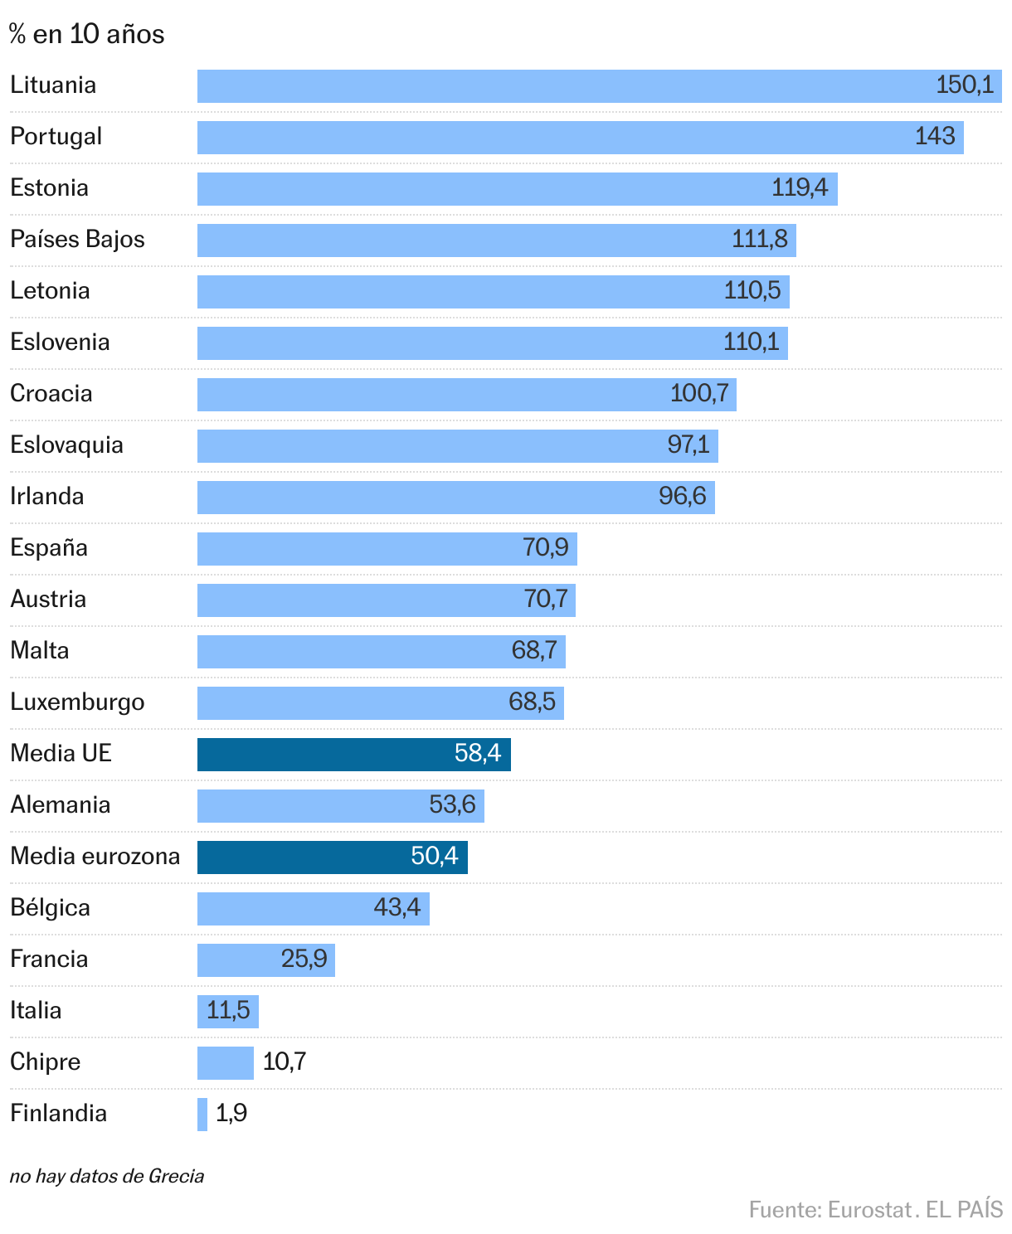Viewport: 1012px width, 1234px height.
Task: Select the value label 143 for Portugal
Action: [x=935, y=137]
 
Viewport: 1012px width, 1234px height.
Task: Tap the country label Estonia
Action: [x=50, y=188]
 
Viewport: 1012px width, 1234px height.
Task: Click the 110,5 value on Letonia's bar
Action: [x=752, y=291]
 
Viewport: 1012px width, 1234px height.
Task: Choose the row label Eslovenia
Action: [x=60, y=343]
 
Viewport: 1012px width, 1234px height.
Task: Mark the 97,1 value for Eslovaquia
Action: [x=688, y=445]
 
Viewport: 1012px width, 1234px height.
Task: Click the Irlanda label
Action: [x=47, y=497]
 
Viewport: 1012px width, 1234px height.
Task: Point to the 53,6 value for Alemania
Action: [x=452, y=805]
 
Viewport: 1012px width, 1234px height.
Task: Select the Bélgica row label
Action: [x=51, y=908]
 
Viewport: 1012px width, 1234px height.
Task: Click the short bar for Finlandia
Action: [x=202, y=1115]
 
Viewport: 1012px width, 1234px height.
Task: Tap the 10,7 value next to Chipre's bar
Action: [x=285, y=1062]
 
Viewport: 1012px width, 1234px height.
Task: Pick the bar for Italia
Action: [x=227, y=1012]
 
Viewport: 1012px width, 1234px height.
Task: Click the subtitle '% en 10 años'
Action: [x=87, y=35]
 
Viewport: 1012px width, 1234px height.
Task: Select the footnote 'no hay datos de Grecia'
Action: [x=107, y=1176]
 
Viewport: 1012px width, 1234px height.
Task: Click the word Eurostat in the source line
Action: [x=869, y=1210]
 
